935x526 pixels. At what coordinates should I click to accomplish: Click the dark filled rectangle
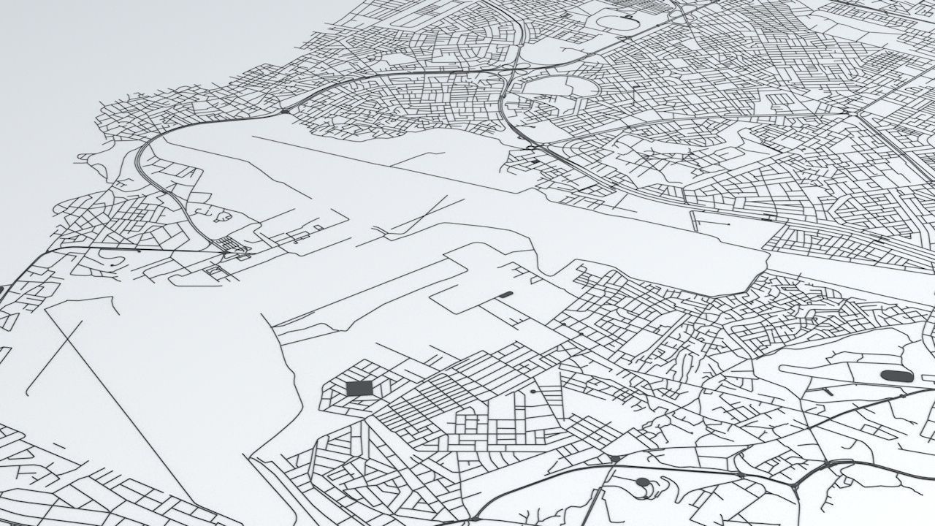pos(358,388)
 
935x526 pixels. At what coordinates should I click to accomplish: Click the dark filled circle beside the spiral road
pos(642,482)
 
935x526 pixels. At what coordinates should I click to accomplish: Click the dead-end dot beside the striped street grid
pos(533,392)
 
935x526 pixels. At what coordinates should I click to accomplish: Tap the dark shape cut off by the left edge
pos(1,290)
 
